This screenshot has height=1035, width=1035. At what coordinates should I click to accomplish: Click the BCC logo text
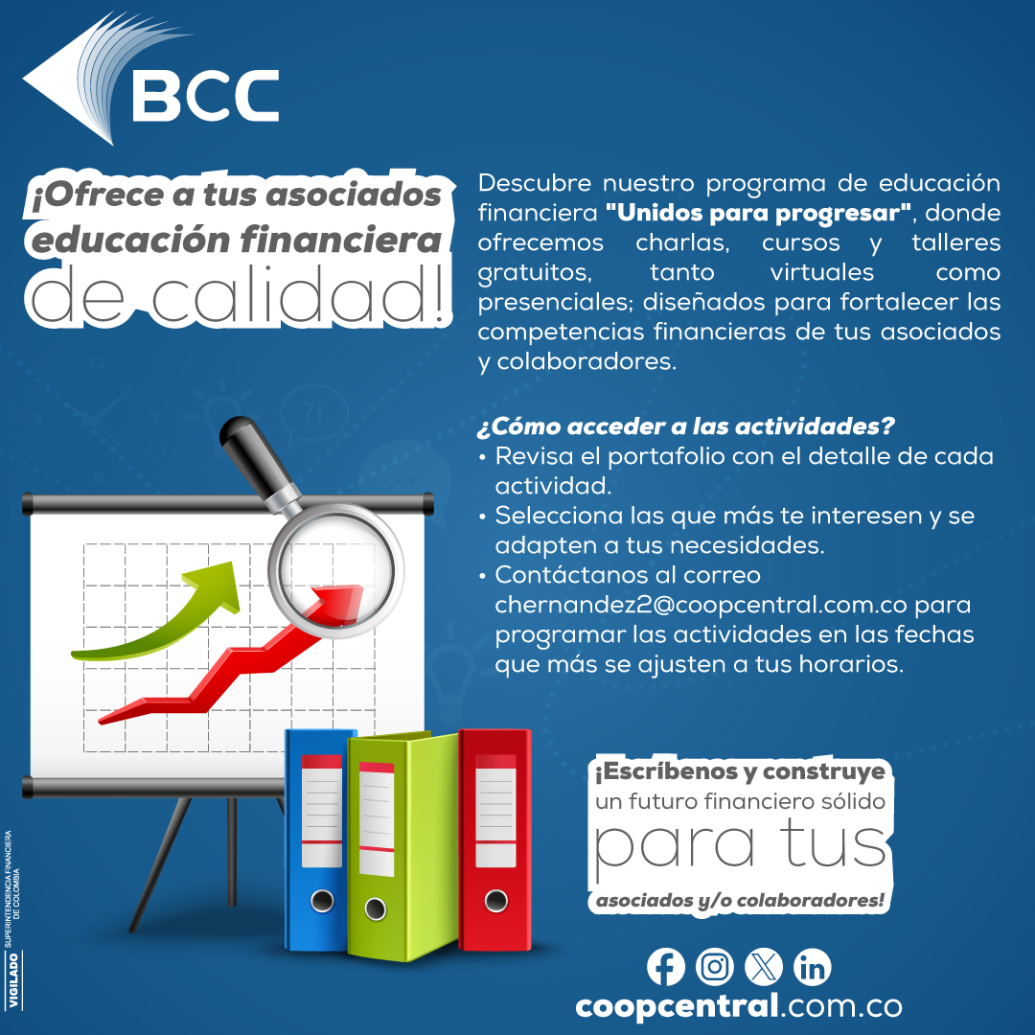[205, 95]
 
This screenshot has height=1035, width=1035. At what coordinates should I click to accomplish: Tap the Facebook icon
[665, 967]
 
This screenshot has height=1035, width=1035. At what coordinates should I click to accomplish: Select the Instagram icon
[714, 967]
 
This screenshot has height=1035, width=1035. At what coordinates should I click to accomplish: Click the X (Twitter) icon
[763, 967]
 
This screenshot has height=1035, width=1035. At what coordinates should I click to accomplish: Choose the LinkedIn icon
[812, 967]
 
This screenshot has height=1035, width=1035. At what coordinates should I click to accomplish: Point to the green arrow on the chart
[158, 610]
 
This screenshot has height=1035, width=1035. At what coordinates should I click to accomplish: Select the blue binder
[317, 839]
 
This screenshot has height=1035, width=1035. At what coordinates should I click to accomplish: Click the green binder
[402, 846]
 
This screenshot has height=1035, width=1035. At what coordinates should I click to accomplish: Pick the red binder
[495, 839]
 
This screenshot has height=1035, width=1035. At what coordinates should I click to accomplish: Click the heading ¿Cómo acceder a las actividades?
[686, 426]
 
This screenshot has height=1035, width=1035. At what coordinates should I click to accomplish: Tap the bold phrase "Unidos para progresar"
[759, 213]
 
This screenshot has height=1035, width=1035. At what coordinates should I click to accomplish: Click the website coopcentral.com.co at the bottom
[739, 1007]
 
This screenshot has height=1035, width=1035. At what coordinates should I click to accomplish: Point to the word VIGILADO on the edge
[13, 980]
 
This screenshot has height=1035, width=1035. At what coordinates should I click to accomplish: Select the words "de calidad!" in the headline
[239, 295]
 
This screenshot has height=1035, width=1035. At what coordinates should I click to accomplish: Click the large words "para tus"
[740, 847]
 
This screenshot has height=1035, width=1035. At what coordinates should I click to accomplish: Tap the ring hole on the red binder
[495, 901]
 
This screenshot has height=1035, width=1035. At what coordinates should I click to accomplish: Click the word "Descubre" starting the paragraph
[535, 183]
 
